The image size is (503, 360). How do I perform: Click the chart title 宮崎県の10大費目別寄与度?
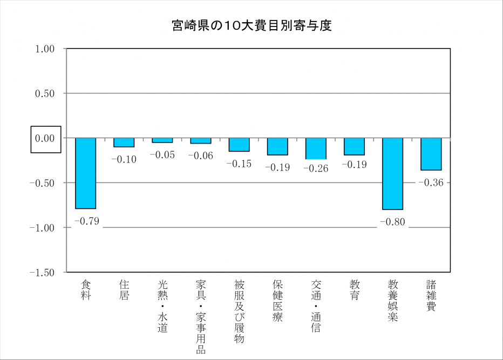(x=251, y=25)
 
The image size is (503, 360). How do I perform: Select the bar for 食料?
(x=85, y=173)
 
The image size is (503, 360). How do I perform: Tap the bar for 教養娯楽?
(x=392, y=173)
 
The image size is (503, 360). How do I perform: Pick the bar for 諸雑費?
(x=431, y=154)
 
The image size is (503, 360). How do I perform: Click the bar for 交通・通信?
(x=316, y=148)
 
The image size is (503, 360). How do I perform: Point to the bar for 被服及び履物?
(x=239, y=144)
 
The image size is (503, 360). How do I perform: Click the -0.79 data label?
(x=86, y=221)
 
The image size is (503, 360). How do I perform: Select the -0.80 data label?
(x=392, y=222)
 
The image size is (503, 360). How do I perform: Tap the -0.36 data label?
(x=431, y=182)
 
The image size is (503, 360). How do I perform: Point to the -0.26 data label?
(x=316, y=168)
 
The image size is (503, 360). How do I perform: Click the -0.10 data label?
(x=124, y=159)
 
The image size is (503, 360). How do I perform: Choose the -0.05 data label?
(x=162, y=155)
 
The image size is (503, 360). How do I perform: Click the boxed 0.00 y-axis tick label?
(x=45, y=139)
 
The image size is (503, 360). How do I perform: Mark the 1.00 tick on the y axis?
(x=45, y=49)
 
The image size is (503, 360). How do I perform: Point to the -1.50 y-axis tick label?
(x=43, y=273)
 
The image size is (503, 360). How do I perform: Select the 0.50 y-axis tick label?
(x=45, y=94)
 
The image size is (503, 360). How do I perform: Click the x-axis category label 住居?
(x=124, y=290)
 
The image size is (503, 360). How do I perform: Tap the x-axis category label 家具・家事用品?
(x=201, y=316)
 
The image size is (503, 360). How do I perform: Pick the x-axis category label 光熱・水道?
(x=162, y=305)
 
